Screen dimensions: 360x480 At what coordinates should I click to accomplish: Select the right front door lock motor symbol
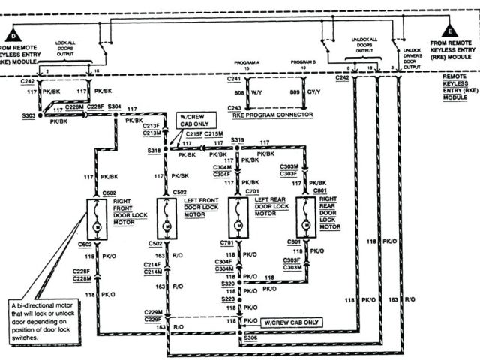point(97,224)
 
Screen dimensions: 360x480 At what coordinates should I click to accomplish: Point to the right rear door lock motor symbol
point(306,224)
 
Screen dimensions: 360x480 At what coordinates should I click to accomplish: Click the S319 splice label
point(238,140)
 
